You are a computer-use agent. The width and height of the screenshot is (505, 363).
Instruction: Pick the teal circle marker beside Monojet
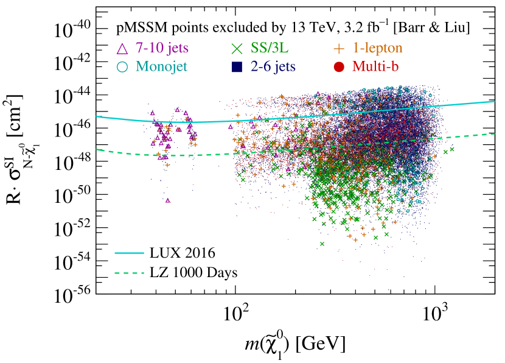[x=122, y=66]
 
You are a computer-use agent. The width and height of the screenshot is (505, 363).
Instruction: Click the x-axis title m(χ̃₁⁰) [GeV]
[x=290, y=345]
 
